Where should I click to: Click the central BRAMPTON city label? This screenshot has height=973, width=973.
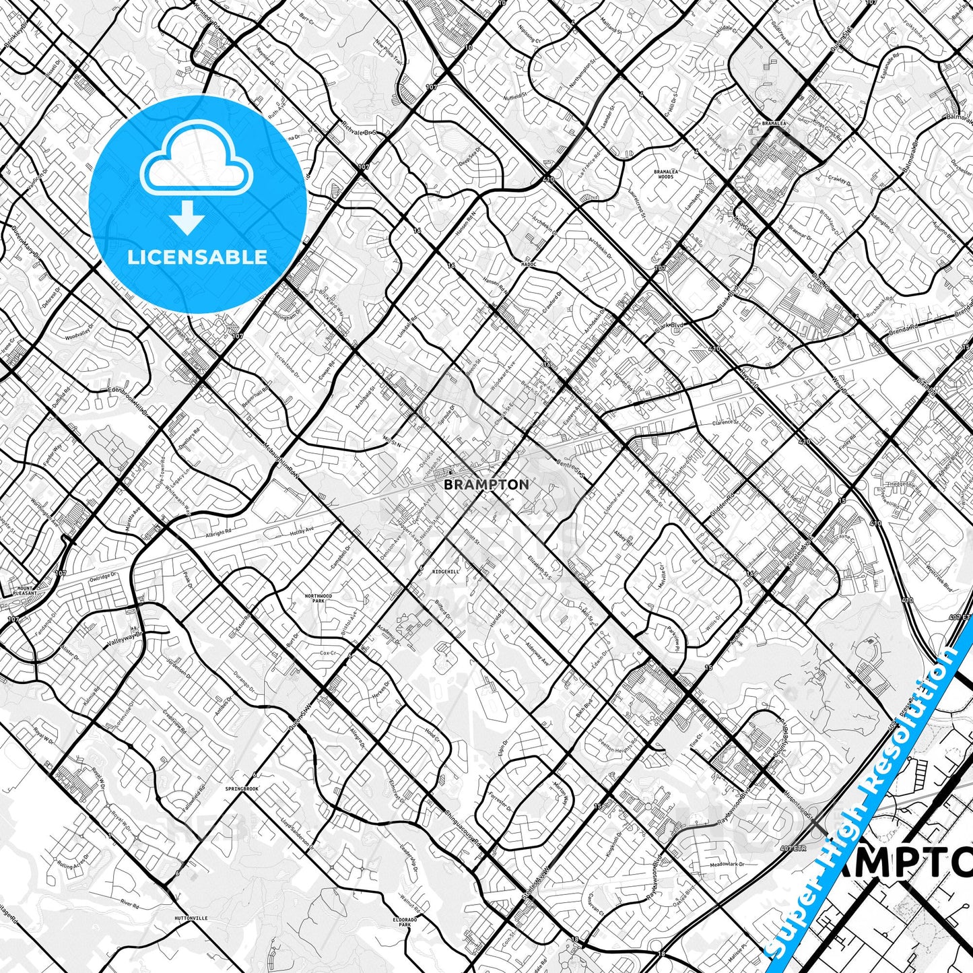tap(487, 484)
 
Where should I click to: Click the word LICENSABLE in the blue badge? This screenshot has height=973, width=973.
tap(198, 257)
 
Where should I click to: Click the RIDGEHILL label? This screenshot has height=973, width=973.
tap(446, 571)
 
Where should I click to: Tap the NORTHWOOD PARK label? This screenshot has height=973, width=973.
tap(318, 598)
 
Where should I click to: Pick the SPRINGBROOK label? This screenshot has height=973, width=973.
tap(242, 788)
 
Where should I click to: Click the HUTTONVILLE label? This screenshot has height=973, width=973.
tap(190, 918)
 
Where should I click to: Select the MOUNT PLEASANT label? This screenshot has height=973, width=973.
tap(25, 591)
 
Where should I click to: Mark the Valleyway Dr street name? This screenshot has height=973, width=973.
tap(125, 639)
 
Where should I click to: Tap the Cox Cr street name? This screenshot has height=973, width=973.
tap(328, 653)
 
